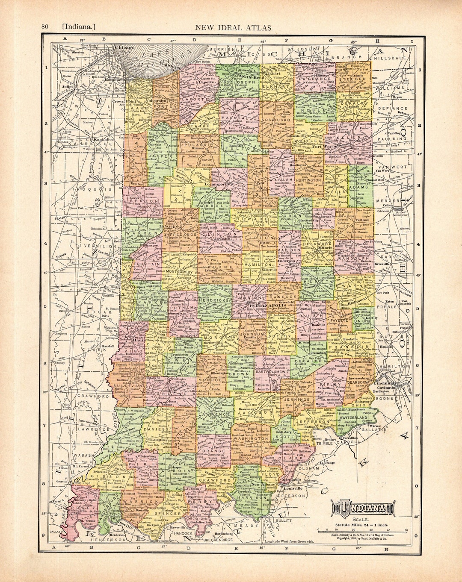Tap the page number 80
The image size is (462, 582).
click(44, 27)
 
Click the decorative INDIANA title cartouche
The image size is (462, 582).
click(362, 508)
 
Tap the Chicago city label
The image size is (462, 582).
click(125, 48)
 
